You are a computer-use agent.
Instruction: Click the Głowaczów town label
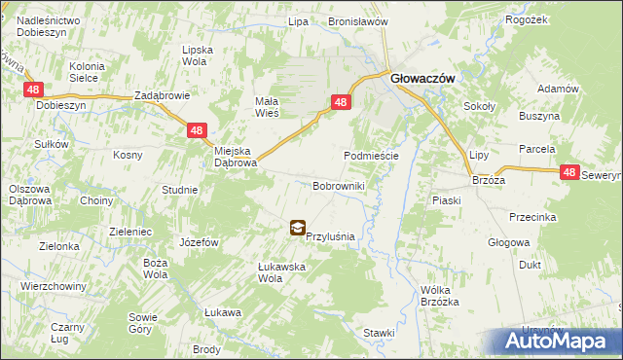pyautogui.click(x=422, y=83)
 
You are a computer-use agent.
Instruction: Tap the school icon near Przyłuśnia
pyautogui.click(x=296, y=229)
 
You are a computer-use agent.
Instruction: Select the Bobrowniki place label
pyautogui.click(x=338, y=185)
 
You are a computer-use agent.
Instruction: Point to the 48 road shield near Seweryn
pyautogui.click(x=571, y=172)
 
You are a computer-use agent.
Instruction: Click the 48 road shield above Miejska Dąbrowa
pyautogui.click(x=197, y=129)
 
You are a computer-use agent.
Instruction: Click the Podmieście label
pyautogui.click(x=371, y=156)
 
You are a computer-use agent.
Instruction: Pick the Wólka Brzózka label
pyautogui.click(x=440, y=296)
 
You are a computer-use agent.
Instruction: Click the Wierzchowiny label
pyautogui.click(x=50, y=287)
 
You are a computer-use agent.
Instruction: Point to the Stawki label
pyautogui.click(x=379, y=333)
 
